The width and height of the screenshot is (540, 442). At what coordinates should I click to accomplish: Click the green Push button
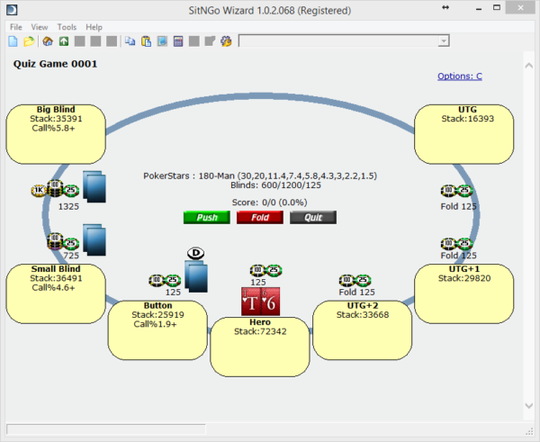click(x=207, y=217)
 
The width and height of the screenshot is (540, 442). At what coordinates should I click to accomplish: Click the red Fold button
click(x=260, y=217)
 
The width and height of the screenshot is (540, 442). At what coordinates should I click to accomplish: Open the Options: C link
click(x=460, y=77)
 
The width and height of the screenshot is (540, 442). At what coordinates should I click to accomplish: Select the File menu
click(x=16, y=27)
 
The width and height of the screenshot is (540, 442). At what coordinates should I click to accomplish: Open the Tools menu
click(x=67, y=27)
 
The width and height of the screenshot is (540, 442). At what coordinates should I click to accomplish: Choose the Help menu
click(x=94, y=27)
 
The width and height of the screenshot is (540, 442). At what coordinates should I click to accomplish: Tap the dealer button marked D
click(x=195, y=253)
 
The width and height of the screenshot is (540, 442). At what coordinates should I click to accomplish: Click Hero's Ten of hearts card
click(x=251, y=302)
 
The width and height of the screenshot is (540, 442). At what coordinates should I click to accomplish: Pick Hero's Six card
click(x=270, y=302)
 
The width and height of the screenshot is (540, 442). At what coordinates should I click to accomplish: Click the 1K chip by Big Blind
click(x=39, y=190)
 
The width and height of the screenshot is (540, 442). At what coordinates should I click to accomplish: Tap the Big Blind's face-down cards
click(x=94, y=186)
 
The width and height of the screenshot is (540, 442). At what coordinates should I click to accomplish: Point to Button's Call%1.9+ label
click(x=155, y=324)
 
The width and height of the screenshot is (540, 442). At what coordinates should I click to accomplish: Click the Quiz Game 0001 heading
click(x=55, y=64)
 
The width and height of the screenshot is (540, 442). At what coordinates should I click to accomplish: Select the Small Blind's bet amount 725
click(x=71, y=256)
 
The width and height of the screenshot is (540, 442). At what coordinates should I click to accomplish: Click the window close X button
click(x=520, y=7)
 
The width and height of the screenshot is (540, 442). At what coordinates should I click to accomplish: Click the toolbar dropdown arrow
click(x=444, y=41)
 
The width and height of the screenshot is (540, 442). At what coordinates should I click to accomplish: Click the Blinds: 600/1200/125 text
click(x=275, y=185)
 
